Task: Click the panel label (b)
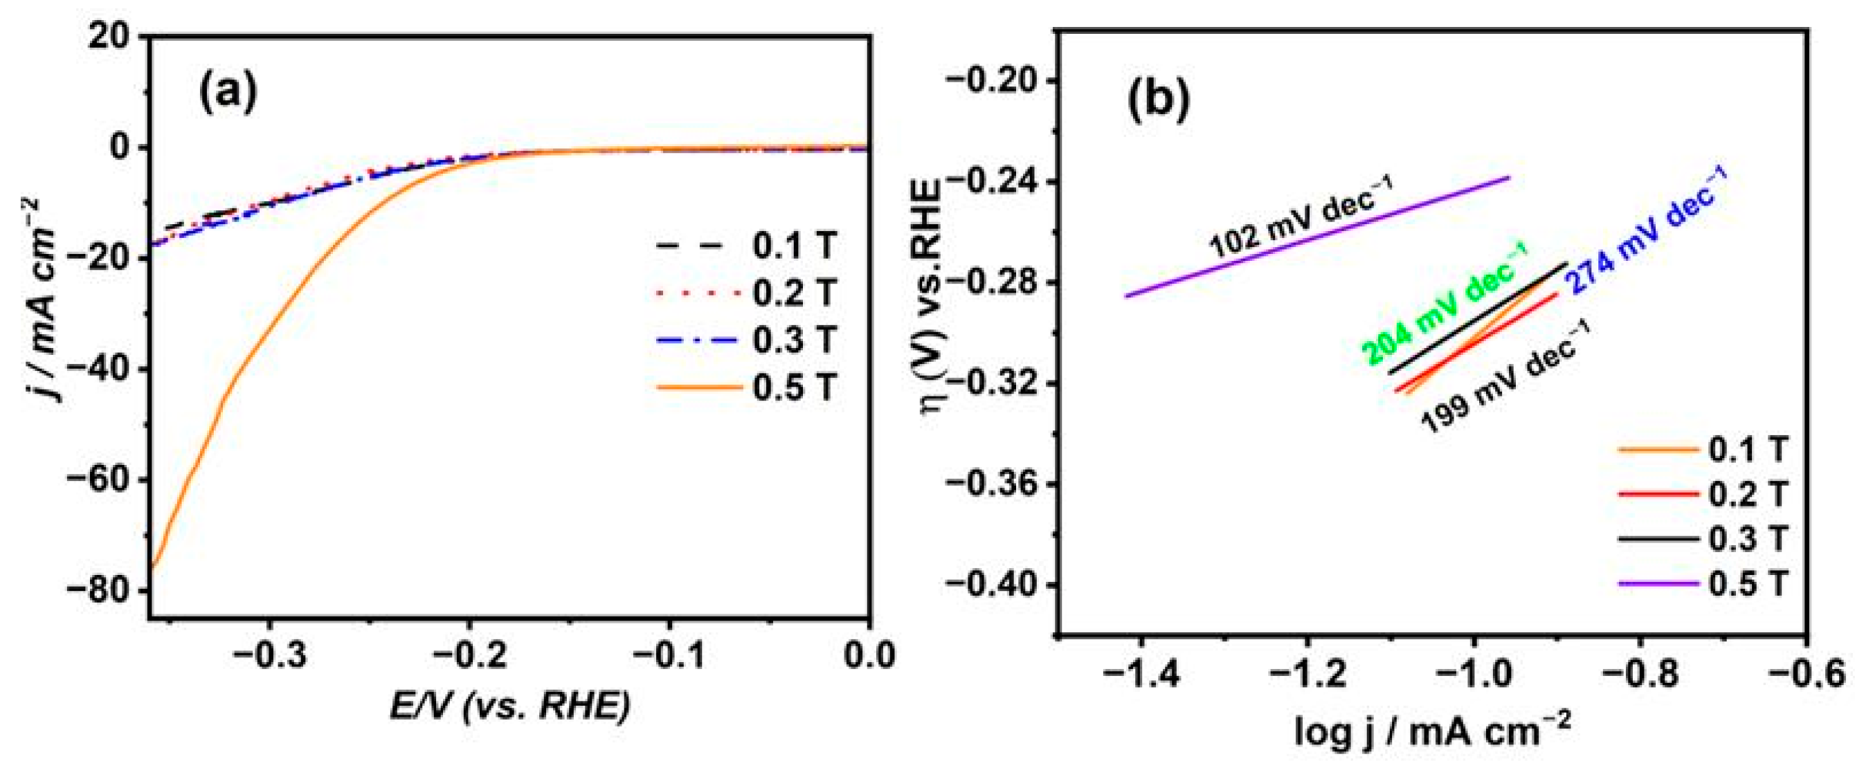coord(1159,102)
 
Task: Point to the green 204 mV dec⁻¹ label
coord(1445,304)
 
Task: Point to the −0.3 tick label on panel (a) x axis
coord(269,656)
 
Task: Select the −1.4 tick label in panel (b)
coord(1141,675)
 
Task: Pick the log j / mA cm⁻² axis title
coord(1432,733)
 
